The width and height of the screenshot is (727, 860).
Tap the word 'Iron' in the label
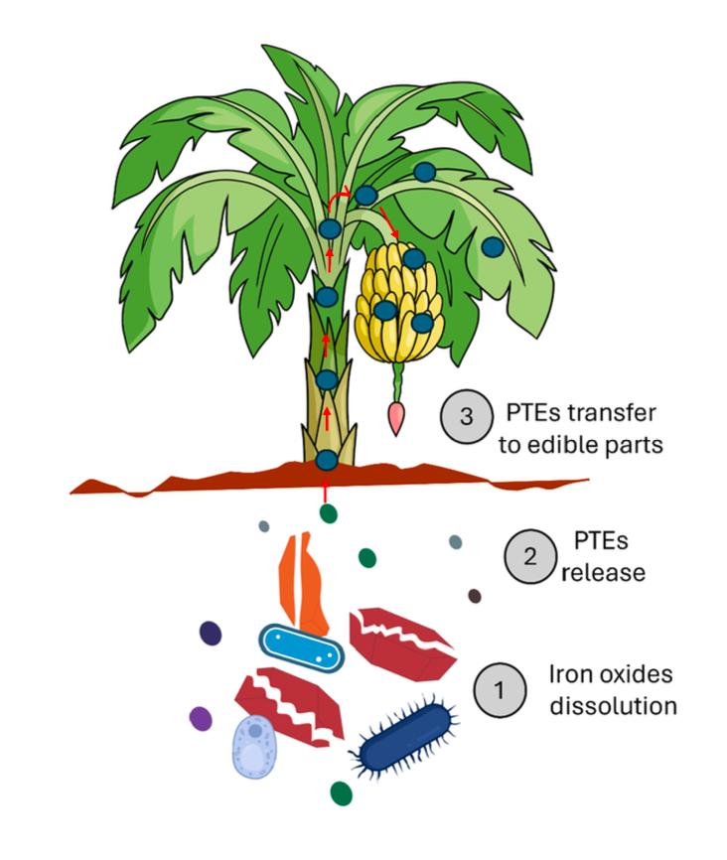click(571, 675)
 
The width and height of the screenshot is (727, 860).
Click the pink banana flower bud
click(398, 418)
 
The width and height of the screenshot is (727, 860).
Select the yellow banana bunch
click(402, 298)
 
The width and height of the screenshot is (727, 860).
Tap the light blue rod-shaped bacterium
click(301, 648)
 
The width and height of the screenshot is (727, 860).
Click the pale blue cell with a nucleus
click(257, 747)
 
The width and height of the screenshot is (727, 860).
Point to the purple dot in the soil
click(202, 717)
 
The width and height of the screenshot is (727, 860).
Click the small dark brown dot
click(475, 596)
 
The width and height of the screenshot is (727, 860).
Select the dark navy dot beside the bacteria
click(211, 632)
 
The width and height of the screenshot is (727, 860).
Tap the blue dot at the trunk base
click(326, 460)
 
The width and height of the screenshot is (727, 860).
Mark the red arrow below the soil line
click(326, 492)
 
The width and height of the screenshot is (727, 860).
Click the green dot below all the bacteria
click(342, 792)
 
